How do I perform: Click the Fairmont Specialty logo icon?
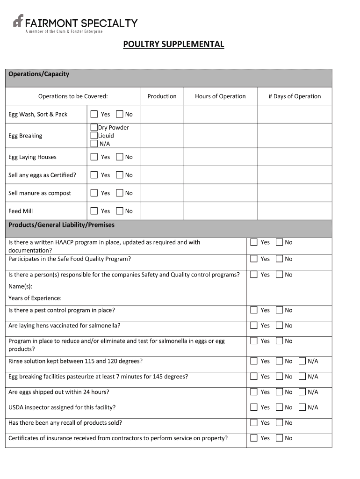pos(18,22)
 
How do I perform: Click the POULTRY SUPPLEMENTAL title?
pos(173,44)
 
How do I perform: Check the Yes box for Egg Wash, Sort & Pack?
pos(94,114)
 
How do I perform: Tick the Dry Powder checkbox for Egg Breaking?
pos(94,127)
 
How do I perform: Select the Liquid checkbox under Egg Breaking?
pos(94,136)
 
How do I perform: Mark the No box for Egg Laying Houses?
pos(120,157)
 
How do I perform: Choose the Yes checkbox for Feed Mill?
pos(94,211)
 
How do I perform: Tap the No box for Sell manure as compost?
pos(120,193)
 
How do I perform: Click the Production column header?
pos(162,96)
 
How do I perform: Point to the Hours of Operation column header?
pos(220,96)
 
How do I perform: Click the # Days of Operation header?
pos(295,96)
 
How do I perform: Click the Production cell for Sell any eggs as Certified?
pos(162,175)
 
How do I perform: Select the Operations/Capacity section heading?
pos(39,74)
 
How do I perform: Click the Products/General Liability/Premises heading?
pos(61,225)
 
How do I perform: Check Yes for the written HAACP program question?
pos(254,242)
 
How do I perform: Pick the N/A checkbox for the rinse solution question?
pos(302,361)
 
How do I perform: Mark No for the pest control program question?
pos(279,310)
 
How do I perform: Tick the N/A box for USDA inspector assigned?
pos(302,407)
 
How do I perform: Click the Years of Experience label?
pos(35,298)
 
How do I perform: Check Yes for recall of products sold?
pos(254,423)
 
